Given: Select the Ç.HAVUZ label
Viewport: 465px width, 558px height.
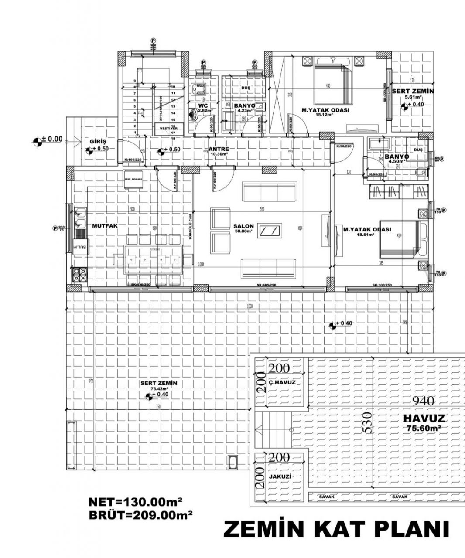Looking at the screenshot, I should tap(282, 383).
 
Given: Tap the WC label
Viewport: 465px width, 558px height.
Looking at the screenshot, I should tap(202, 106).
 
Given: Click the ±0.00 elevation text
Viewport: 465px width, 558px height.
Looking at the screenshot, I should tap(52, 139).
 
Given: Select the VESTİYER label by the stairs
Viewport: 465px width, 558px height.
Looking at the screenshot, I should tap(169, 129).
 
